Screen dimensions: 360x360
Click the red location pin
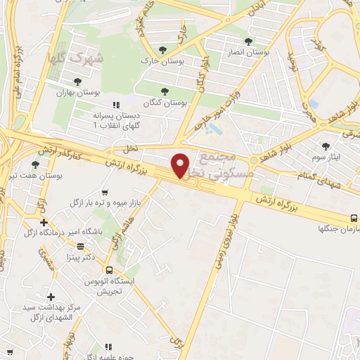pyautogui.click(x=181, y=164)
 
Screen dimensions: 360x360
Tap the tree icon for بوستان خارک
pyautogui.click(x=163, y=49)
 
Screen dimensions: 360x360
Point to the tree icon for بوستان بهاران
pyautogui.click(x=77, y=82)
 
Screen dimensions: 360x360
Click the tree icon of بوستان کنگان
pyautogui.click(x=165, y=91)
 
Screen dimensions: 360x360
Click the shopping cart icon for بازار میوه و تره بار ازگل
pyautogui.click(x=105, y=192)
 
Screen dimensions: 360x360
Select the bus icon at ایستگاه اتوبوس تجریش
pyautogui.click(x=109, y=269)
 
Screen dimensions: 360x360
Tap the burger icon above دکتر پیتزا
pyautogui.click(x=81, y=246)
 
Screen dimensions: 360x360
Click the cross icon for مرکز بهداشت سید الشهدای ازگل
pyautogui.click(x=50, y=297)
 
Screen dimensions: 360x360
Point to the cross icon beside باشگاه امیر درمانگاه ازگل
pyautogui.click(x=44, y=222)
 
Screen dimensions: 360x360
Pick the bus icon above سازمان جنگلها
pyautogui.click(x=354, y=219)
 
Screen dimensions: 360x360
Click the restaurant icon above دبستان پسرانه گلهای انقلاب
pyautogui.click(x=127, y=104)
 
